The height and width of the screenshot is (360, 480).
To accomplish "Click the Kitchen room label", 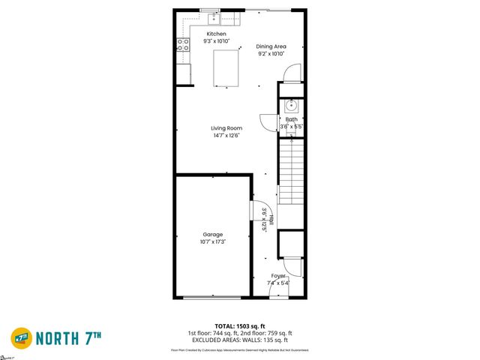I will click(x=217, y=34).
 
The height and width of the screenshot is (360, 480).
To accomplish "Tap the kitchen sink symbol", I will click(x=214, y=16).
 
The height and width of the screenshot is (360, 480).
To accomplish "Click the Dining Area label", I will click(x=271, y=46).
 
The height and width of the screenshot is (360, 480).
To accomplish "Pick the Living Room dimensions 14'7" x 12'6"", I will click(x=226, y=136).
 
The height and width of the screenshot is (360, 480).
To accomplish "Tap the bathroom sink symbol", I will click(x=292, y=106).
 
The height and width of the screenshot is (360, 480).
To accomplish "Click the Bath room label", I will click(x=291, y=119).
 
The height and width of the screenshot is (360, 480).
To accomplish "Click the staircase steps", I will click(x=291, y=172).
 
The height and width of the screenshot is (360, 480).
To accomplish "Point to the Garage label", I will click(x=213, y=234).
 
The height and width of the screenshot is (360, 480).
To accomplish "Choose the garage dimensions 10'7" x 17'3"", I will click(x=213, y=241).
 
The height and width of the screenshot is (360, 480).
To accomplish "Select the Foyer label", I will click(x=278, y=276).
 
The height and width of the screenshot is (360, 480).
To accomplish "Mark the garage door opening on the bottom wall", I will click(x=213, y=298).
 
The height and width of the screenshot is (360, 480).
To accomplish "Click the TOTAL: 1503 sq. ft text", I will click(x=240, y=325).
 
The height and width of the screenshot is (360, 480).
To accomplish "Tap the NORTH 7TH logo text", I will click(x=79, y=338).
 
